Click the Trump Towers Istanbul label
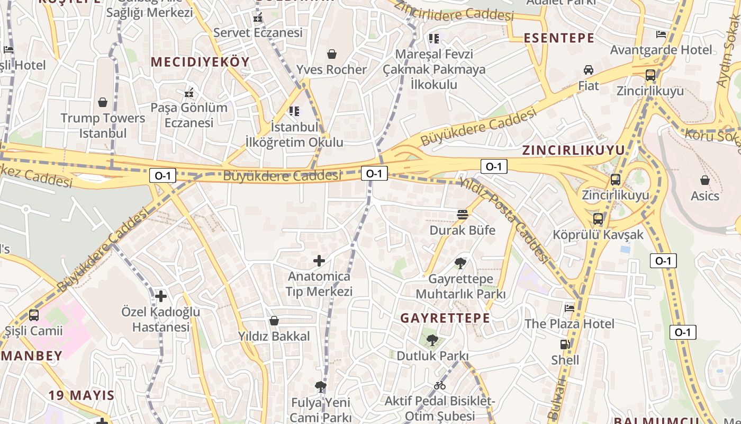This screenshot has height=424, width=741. (x=103, y=126)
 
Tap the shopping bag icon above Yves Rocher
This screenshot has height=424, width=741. (x=332, y=54)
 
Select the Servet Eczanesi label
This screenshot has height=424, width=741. (x=258, y=32)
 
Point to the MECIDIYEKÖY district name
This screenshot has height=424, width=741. (x=200, y=62)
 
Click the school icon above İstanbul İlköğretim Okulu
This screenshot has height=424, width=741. (x=294, y=111)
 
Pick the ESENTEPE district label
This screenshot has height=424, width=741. (x=559, y=38)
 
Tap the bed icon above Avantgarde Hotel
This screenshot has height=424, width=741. (x=661, y=34)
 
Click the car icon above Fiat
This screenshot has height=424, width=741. (x=589, y=70)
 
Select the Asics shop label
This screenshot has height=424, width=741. (x=705, y=196)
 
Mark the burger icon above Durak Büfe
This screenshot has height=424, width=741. (x=463, y=215)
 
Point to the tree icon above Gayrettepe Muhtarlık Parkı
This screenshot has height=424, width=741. (x=460, y=263)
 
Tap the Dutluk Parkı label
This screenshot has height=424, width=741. (x=432, y=356)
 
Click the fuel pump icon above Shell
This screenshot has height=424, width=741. (x=565, y=344)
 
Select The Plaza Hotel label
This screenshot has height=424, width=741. (x=570, y=323)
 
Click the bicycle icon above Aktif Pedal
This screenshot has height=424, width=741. (x=440, y=385)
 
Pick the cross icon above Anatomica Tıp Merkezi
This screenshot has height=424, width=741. (x=319, y=261)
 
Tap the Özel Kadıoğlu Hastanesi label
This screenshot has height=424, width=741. (x=161, y=319)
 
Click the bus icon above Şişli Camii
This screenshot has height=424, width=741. (x=34, y=315)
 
